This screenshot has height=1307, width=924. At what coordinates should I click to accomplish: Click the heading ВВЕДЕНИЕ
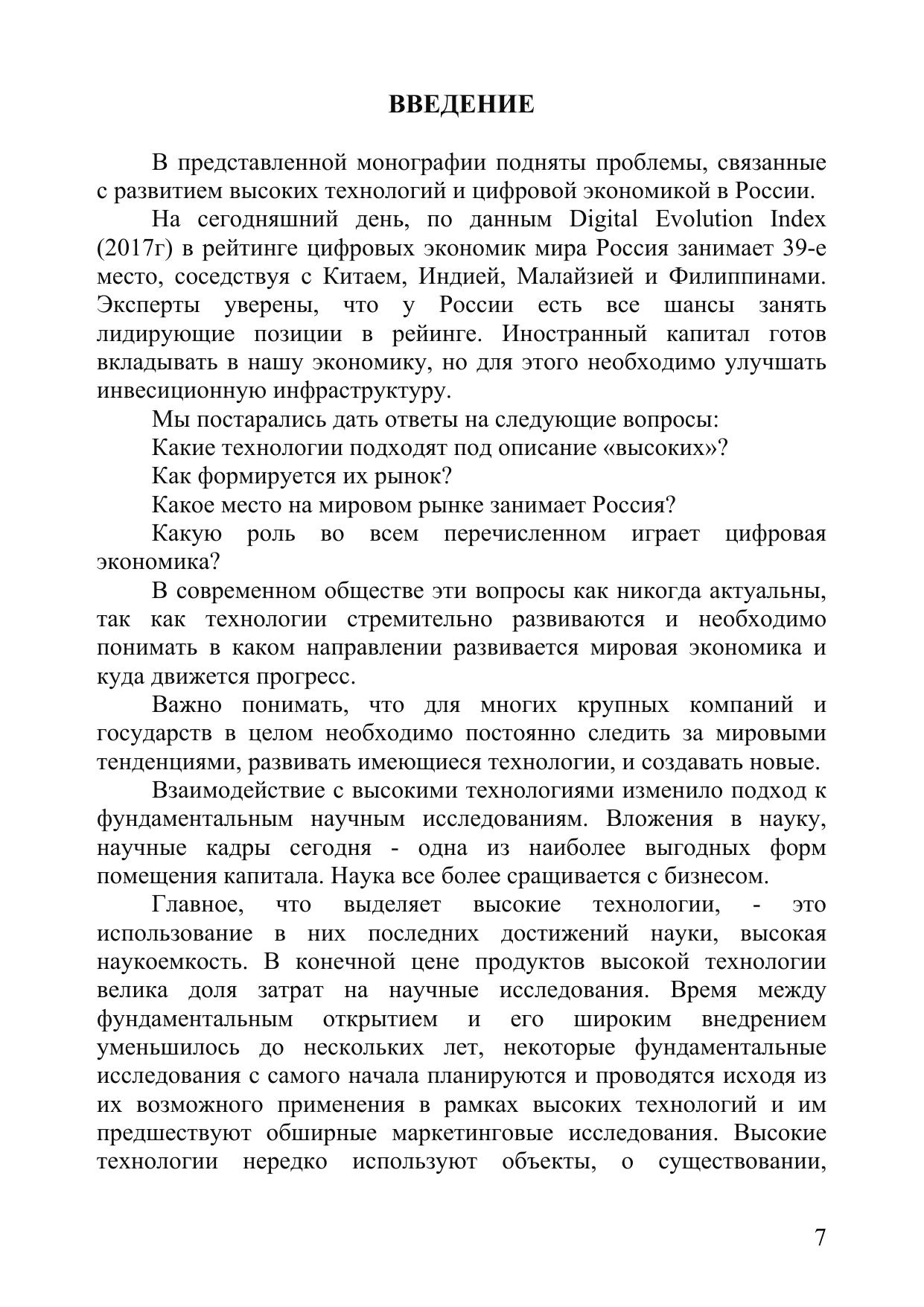point(462,104)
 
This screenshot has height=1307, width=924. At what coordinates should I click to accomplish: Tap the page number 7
point(820,1238)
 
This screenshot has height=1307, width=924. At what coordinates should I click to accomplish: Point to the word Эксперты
point(148,305)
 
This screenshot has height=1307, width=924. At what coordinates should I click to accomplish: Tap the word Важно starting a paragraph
point(186,705)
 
